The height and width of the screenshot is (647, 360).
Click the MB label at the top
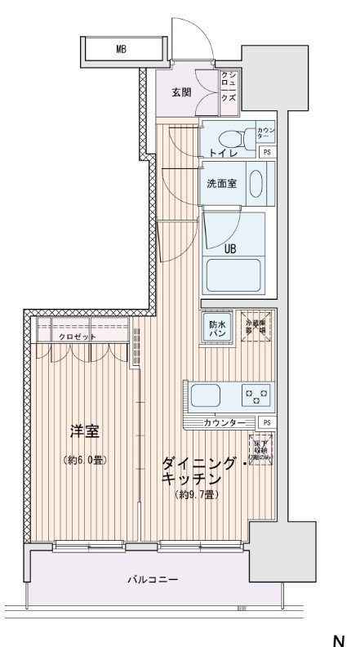click(x=121, y=50)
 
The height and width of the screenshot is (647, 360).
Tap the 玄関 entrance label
click(x=181, y=91)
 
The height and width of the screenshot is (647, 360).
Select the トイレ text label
click(x=221, y=152)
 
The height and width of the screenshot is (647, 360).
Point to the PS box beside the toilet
click(x=266, y=152)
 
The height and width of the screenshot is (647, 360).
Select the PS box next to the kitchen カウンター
click(x=266, y=422)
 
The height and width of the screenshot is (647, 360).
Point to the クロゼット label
click(x=77, y=337)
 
